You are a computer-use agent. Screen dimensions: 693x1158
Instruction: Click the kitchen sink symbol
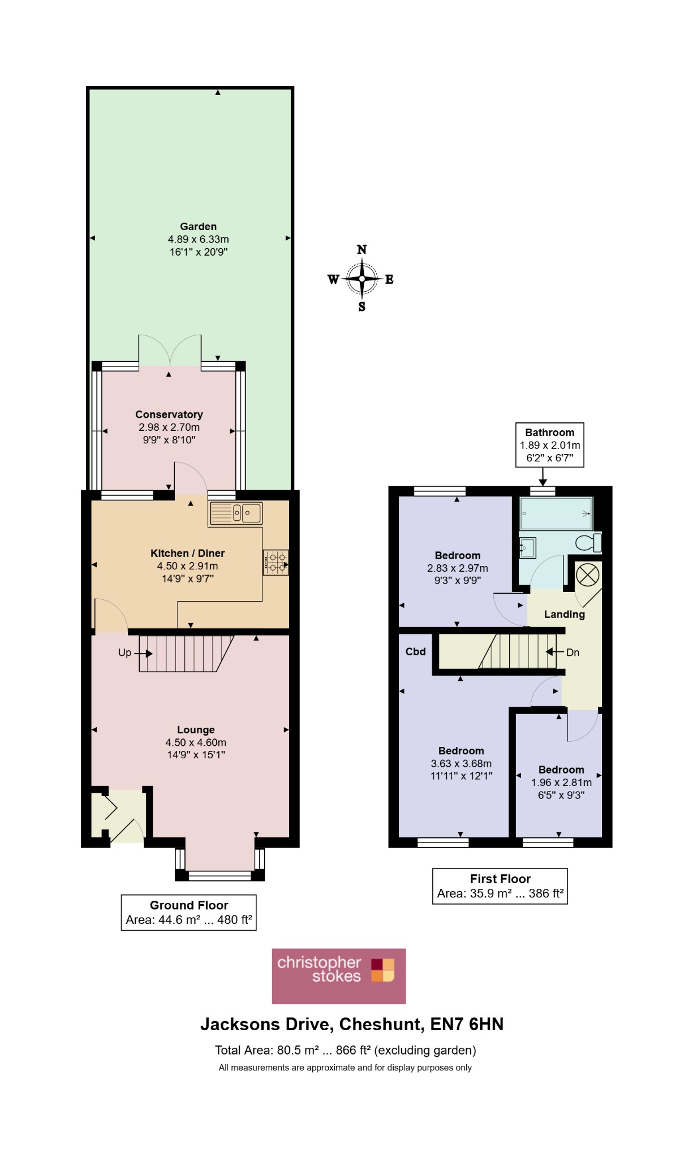235,513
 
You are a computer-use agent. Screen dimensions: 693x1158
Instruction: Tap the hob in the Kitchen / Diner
276,563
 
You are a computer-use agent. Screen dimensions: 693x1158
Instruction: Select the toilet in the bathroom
588,543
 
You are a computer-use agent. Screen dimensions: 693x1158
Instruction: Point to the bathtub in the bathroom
556,513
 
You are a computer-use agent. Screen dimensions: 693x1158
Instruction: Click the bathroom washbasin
527,548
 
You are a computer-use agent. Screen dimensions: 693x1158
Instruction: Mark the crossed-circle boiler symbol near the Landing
587,576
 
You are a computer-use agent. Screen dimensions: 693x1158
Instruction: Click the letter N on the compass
362,249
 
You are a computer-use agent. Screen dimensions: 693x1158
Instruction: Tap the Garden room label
198,227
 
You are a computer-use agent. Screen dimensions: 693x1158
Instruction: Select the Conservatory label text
169,414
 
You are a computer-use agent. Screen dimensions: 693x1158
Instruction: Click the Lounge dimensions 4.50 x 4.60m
196,742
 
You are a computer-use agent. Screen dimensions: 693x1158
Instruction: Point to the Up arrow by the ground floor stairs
144,654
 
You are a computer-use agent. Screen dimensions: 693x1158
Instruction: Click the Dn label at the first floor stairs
573,653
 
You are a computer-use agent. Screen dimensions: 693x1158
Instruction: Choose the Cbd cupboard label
415,651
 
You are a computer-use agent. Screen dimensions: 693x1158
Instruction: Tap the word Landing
565,615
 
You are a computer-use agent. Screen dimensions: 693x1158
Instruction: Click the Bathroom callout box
550,445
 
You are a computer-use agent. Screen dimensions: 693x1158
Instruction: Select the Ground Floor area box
188,912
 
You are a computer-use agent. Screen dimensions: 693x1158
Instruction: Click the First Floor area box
500,886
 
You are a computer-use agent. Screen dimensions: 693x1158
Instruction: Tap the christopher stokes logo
339,976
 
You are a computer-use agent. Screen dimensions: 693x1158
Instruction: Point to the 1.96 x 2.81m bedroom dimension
561,783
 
